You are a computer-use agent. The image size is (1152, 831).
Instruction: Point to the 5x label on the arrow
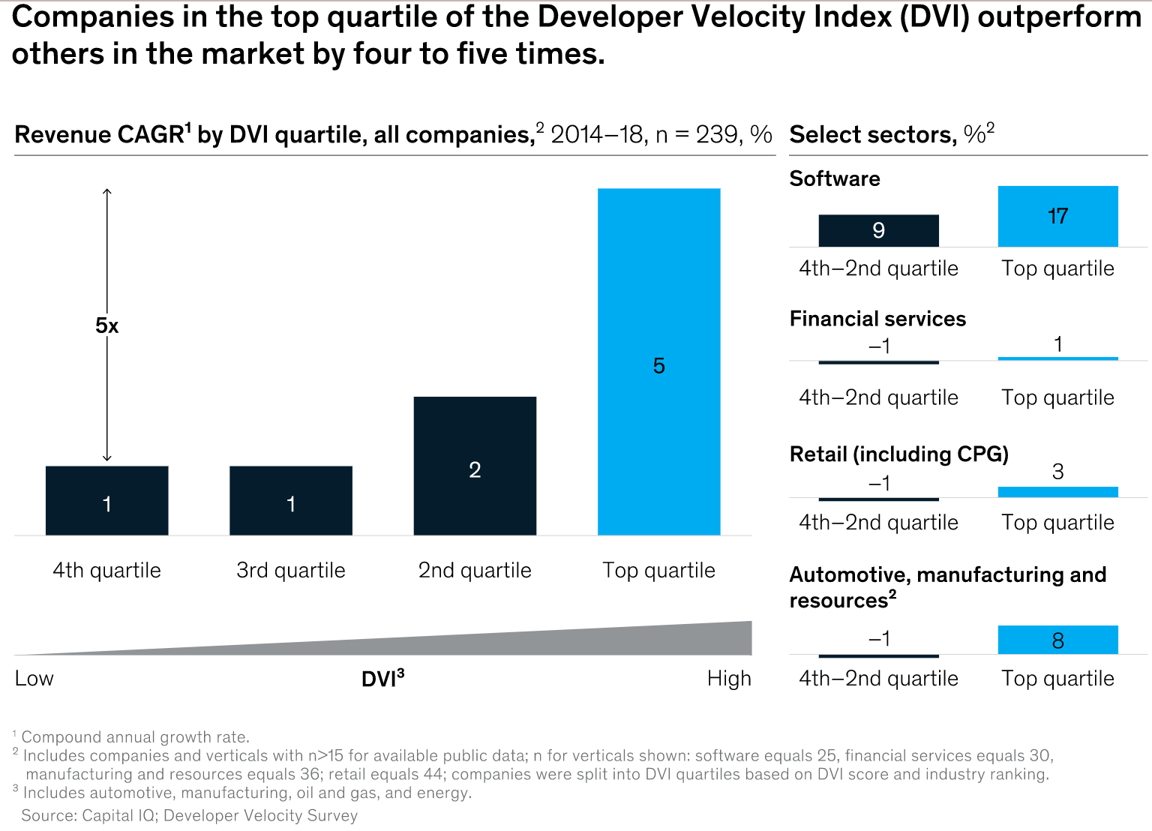(x=106, y=325)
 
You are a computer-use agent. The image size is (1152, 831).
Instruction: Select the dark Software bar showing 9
(x=878, y=230)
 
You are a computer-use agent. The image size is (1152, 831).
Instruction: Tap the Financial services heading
(x=877, y=319)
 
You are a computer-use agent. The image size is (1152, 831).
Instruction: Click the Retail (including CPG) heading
(x=898, y=454)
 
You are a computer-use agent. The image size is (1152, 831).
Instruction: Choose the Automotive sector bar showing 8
(x=1057, y=640)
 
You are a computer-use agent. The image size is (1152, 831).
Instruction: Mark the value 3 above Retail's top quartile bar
(x=1057, y=472)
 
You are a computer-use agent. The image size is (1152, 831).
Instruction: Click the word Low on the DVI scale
(x=34, y=678)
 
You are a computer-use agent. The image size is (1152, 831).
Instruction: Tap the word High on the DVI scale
(x=728, y=678)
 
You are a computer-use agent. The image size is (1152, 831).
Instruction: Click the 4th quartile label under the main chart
(x=106, y=570)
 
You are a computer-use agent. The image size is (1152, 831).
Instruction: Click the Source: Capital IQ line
(x=189, y=815)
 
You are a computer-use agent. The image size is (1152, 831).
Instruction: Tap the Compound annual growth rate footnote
(x=135, y=736)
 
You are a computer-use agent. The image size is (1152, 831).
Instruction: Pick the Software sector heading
(x=835, y=178)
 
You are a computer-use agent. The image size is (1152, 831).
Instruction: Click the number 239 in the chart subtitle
(x=716, y=134)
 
